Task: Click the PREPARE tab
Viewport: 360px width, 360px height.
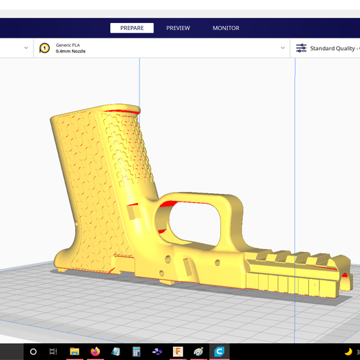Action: point(132,28)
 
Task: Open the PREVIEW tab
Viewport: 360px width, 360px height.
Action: point(178,28)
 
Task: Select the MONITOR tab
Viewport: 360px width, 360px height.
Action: point(226,28)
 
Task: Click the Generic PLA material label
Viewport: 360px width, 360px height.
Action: point(68,45)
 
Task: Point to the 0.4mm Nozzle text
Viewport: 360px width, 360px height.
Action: point(70,51)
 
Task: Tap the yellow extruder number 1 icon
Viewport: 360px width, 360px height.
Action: point(45,48)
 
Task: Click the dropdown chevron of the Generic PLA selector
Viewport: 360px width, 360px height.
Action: point(283,48)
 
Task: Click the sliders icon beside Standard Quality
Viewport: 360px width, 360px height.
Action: point(301,48)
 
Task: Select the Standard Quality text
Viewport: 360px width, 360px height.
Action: point(332,48)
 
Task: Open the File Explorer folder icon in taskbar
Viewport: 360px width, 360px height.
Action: point(75,352)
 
